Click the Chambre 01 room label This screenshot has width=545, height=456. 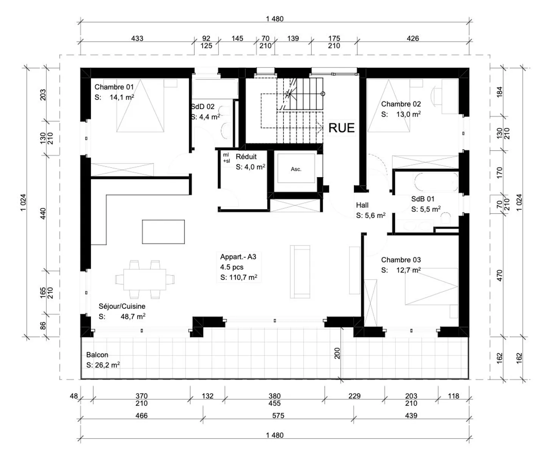point(114,87)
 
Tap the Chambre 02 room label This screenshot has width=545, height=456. point(401,104)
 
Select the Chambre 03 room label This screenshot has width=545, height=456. point(401,260)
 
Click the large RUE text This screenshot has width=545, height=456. point(341,128)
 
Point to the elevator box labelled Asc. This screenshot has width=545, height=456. point(296,169)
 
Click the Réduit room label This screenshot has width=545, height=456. point(246,157)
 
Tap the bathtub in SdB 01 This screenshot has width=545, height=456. point(436,182)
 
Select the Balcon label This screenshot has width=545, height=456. point(97,355)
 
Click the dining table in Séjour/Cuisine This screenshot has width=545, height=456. point(145,280)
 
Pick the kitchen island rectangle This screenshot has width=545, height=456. point(163,231)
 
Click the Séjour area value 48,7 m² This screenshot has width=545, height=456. point(133,317)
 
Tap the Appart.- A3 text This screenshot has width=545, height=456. point(238,257)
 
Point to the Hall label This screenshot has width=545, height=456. point(362,205)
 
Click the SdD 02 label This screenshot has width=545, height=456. point(203,107)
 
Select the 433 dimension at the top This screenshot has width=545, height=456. point(137,38)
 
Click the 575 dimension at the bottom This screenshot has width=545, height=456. point(278,415)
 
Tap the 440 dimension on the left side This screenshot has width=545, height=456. point(43,213)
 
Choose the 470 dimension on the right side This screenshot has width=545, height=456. point(499,275)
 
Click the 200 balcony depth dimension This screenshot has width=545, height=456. point(337,353)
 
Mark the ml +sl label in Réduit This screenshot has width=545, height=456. point(226,158)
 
